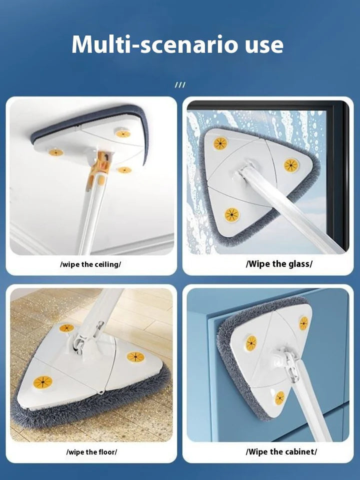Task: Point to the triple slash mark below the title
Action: pos(180,85)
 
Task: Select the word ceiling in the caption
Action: pos(107,264)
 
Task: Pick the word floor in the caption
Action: pos(106,452)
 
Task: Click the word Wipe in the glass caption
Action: pos(258,263)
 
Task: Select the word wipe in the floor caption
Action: pos(77,452)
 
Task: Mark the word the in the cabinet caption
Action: pos(277,451)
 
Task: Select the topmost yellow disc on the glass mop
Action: pos(220,143)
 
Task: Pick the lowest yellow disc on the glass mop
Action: pos(231,214)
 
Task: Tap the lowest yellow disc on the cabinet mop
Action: pos(279,397)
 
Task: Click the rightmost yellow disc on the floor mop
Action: pos(135,357)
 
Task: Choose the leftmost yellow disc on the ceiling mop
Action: pos(56,152)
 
